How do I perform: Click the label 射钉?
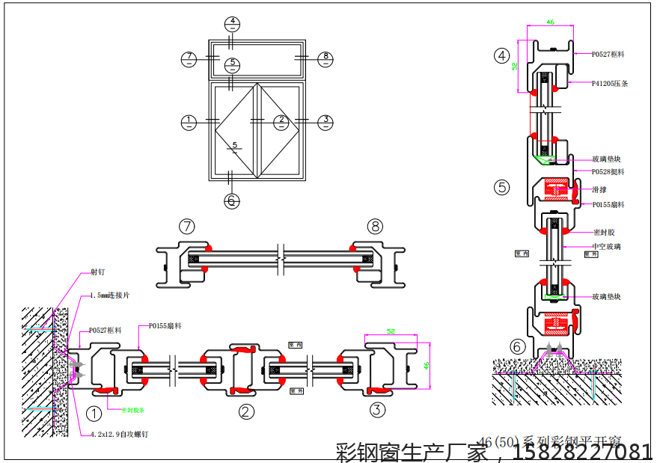pos(98,273)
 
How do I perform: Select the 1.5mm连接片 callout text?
pos(109,295)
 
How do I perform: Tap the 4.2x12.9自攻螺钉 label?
pos(118,434)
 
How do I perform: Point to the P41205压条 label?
pos(609,84)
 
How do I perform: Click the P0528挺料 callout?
pos(608,172)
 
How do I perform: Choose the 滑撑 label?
pos(599,190)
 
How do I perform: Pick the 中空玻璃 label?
pos(606,246)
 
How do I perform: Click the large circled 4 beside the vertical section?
pos(501,55)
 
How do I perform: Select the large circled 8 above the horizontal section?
pos(375,226)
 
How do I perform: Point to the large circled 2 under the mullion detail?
pos(246,411)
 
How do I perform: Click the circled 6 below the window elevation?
pos(232,200)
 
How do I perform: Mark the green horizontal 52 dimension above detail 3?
pos(391,331)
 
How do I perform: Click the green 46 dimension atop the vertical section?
pos(550,22)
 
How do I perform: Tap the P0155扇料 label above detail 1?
pos(165,326)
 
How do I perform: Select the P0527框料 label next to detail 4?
pos(608,55)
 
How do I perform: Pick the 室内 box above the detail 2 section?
pos(293,345)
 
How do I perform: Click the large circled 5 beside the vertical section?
pos(501,187)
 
